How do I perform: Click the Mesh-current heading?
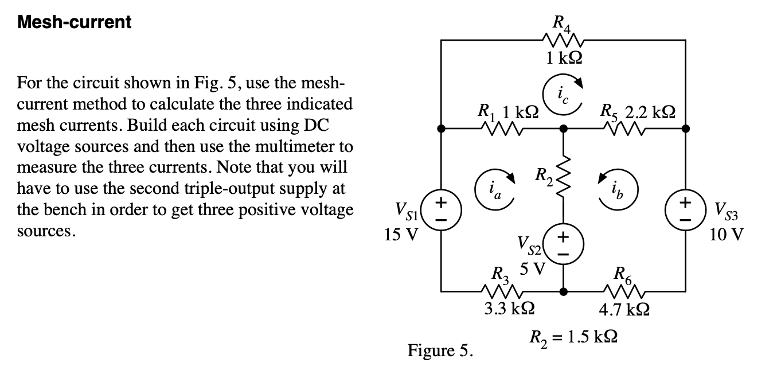[x=75, y=22]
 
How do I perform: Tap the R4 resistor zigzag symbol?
[x=563, y=40]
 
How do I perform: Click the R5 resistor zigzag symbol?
[x=624, y=129]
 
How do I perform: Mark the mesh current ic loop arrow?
[x=563, y=92]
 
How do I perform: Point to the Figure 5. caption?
[x=440, y=350]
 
